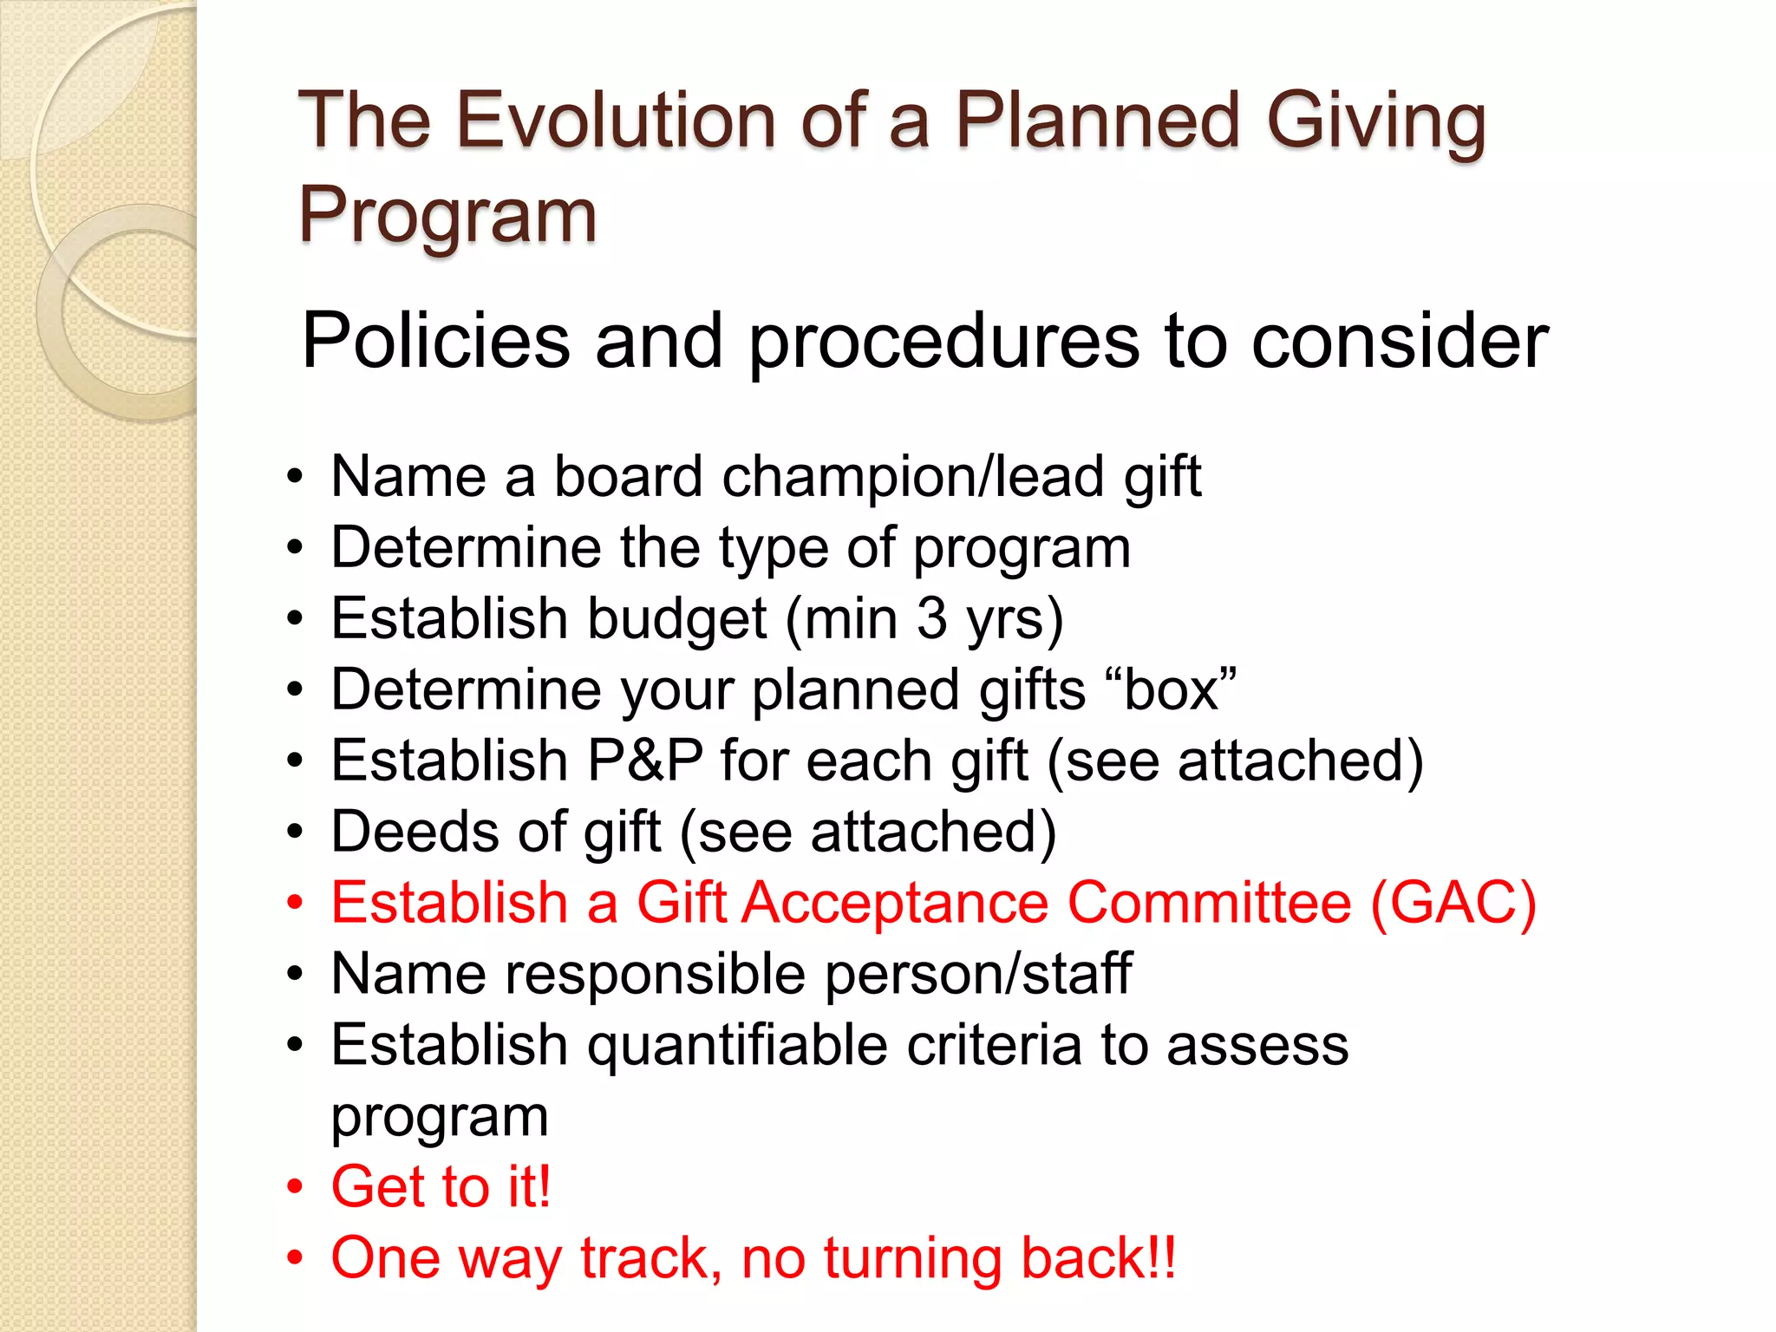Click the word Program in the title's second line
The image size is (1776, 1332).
447,215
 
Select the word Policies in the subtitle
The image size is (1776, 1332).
435,340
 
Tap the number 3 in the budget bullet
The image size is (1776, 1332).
931,618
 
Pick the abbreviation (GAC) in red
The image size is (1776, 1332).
1453,903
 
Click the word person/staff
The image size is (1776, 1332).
977,974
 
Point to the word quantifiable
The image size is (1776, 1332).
737,1045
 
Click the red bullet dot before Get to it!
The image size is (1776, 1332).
296,1186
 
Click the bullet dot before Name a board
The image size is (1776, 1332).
296,477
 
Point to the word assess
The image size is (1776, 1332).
1257,1045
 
